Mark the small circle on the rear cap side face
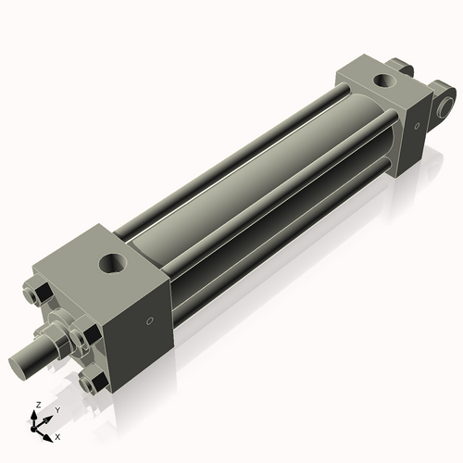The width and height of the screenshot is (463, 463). (418, 122)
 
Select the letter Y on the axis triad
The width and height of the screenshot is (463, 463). (56, 410)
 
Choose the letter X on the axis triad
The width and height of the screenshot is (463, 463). (57, 435)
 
